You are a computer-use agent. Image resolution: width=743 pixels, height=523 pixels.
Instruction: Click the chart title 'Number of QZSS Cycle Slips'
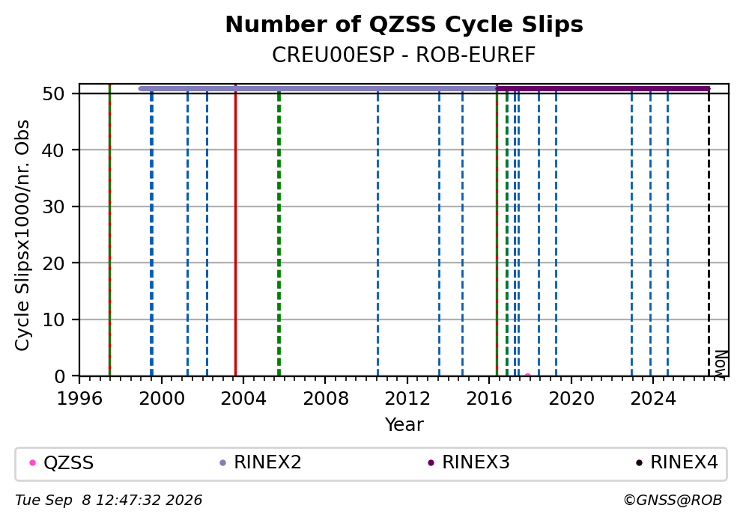(x=404, y=25)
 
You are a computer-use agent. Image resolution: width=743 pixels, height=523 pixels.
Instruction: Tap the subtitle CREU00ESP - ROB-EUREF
(x=404, y=55)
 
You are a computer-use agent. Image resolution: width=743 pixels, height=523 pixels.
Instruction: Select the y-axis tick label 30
(x=53, y=207)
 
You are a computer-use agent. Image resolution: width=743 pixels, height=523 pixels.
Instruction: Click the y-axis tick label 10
(x=53, y=320)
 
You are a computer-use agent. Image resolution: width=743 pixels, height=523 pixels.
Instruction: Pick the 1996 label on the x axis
(x=79, y=399)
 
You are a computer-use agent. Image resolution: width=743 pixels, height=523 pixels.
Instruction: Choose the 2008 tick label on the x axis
(x=326, y=399)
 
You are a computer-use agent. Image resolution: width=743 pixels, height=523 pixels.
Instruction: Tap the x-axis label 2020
(x=571, y=399)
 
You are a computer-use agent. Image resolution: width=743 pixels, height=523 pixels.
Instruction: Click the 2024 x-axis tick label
(x=652, y=399)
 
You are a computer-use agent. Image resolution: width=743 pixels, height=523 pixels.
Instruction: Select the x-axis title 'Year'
(x=404, y=424)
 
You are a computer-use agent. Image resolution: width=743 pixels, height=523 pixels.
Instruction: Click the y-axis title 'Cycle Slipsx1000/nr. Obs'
(x=22, y=235)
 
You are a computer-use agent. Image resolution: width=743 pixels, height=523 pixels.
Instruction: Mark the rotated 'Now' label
(x=721, y=364)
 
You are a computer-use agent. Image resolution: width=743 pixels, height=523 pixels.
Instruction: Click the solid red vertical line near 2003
(x=235, y=230)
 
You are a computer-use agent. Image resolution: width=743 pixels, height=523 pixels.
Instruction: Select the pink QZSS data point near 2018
(x=527, y=376)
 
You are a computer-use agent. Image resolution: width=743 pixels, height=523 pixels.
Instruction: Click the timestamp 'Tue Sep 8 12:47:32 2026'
(x=109, y=501)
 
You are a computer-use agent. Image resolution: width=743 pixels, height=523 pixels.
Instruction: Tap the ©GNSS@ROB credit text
(x=673, y=501)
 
